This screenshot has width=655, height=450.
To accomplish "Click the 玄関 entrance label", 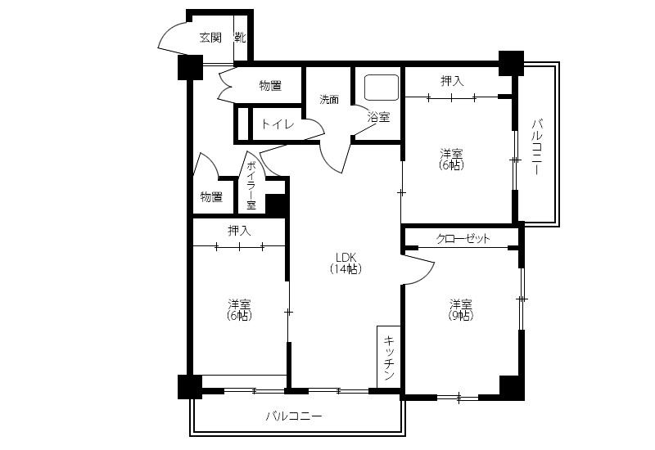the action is click(x=210, y=38).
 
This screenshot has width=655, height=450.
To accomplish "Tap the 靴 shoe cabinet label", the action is click(x=240, y=38).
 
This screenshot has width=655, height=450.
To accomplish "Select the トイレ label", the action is click(x=278, y=124).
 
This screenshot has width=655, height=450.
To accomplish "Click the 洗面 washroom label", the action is click(x=329, y=99).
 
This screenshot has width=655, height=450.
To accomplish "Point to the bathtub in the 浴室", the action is click(x=382, y=88).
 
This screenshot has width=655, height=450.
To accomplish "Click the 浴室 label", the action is click(x=378, y=117).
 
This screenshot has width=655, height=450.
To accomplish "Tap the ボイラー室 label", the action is click(x=251, y=185).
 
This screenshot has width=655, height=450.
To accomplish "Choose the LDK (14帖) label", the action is click(x=346, y=263).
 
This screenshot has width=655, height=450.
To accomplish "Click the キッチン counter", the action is click(x=389, y=357).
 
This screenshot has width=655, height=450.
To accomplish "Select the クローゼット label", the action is click(x=463, y=239).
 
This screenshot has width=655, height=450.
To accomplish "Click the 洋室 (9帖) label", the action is click(x=461, y=309).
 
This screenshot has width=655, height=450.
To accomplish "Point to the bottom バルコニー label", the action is click(x=294, y=416).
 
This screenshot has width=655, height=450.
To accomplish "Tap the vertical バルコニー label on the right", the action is click(x=537, y=147).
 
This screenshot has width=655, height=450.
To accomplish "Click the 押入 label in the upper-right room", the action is click(x=452, y=81).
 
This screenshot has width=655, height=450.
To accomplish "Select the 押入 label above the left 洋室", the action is click(x=239, y=231).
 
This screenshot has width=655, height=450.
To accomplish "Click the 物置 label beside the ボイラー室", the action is click(x=211, y=196).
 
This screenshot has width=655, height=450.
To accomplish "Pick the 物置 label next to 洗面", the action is click(x=270, y=86).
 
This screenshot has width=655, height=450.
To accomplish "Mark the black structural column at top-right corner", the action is click(x=511, y=64).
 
